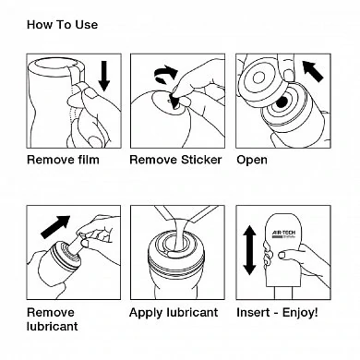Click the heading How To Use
click(x=62, y=25)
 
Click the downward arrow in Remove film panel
click(x=104, y=76)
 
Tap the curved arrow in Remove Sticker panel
click(x=166, y=75)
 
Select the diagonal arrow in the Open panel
click(x=313, y=71)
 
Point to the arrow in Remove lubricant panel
click(x=55, y=227)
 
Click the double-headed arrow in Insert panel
click(x=249, y=250)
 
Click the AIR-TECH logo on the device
click(x=283, y=234)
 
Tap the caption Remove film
click(x=63, y=160)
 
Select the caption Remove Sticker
click(x=175, y=160)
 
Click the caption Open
click(x=252, y=161)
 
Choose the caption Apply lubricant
click(x=174, y=313)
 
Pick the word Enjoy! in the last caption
click(x=300, y=313)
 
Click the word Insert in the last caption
click(x=252, y=313)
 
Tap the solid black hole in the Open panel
click(x=281, y=102)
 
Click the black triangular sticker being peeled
click(x=174, y=101)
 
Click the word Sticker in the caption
click(x=201, y=160)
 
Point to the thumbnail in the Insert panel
click(x=282, y=255)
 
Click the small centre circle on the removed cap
click(x=258, y=78)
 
